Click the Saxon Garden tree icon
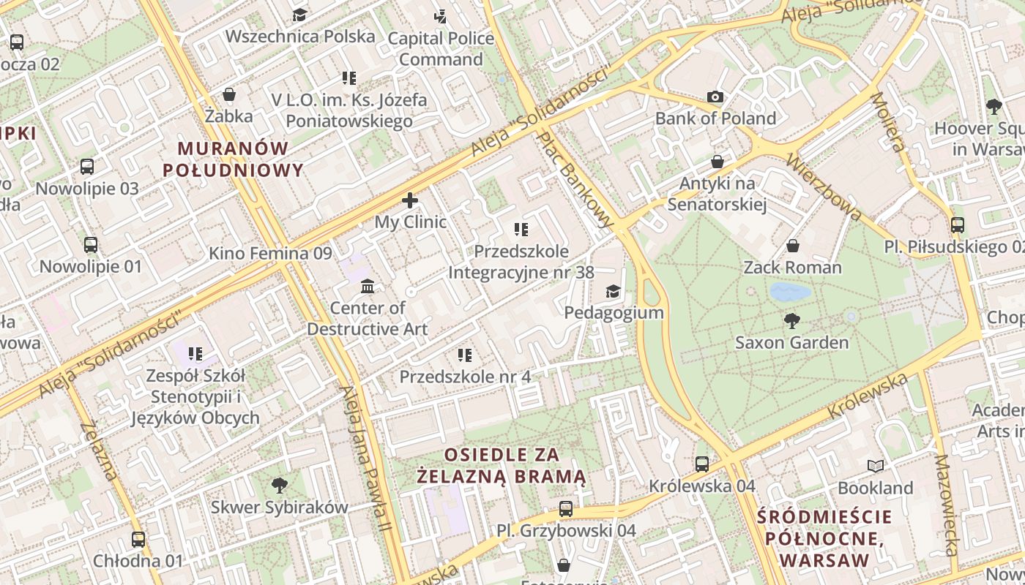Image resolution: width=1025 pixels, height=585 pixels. (791, 320)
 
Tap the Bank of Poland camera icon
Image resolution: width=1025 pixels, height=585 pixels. (715, 97)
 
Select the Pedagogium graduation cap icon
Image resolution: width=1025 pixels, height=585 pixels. (613, 291)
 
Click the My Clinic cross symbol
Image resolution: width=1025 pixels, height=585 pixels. (410, 200)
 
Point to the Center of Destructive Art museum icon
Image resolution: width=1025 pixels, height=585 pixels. (368, 285)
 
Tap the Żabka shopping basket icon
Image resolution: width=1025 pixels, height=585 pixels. (229, 94)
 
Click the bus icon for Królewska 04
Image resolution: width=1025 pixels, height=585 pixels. (701, 464)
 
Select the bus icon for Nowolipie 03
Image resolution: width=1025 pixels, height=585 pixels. (87, 166)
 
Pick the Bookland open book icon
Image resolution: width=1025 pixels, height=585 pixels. (875, 466)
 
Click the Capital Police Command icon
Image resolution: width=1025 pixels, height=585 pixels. (440, 15)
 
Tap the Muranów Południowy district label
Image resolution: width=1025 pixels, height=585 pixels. (233, 159)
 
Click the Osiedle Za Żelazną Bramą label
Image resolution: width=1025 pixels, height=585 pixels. (502, 466)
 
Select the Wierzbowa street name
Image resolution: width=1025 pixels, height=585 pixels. (824, 186)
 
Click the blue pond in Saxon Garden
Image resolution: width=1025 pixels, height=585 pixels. (790, 292)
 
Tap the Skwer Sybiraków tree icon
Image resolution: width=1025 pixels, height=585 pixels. (279, 484)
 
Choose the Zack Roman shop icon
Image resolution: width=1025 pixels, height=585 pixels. (792, 246)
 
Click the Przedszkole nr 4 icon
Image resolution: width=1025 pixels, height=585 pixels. (465, 355)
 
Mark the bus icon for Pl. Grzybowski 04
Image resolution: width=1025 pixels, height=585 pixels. (565, 508)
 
